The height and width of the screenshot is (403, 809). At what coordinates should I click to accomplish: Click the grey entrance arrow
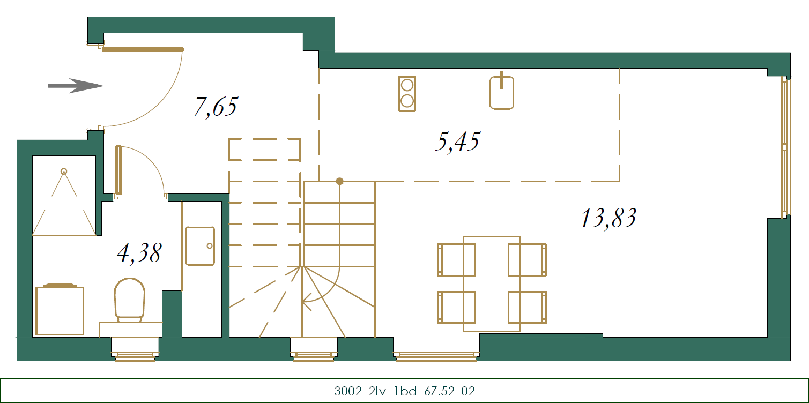[x=76, y=86]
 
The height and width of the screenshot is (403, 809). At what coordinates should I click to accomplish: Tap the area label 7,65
[x=216, y=107]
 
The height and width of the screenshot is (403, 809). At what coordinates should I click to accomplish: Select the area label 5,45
[x=458, y=141]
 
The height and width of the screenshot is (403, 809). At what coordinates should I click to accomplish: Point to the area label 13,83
[x=609, y=218]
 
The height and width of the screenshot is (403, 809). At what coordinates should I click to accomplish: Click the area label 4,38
[x=139, y=253]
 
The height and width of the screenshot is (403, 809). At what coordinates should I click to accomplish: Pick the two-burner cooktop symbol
[x=407, y=94]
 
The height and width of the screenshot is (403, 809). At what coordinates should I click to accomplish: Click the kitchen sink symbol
[x=502, y=91]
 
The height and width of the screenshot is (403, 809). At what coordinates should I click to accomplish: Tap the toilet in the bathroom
[x=130, y=300]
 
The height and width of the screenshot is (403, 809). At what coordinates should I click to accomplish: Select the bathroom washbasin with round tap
[x=200, y=246]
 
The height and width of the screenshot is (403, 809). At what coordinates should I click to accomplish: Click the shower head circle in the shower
[x=64, y=171]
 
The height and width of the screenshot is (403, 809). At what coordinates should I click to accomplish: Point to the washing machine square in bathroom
[x=60, y=310]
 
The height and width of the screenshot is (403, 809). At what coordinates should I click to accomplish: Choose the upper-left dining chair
[x=456, y=259]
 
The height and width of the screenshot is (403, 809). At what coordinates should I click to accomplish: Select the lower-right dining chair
[x=528, y=307]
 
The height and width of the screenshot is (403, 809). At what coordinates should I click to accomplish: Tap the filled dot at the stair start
[x=339, y=181]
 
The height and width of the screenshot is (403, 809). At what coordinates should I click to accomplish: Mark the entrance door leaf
[x=143, y=49]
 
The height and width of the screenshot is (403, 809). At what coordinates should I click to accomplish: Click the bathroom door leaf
[x=118, y=170]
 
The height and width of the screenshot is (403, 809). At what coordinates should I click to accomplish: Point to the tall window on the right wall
[x=785, y=147]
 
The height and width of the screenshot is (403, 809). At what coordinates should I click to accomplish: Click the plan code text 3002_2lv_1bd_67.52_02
[x=404, y=391]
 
